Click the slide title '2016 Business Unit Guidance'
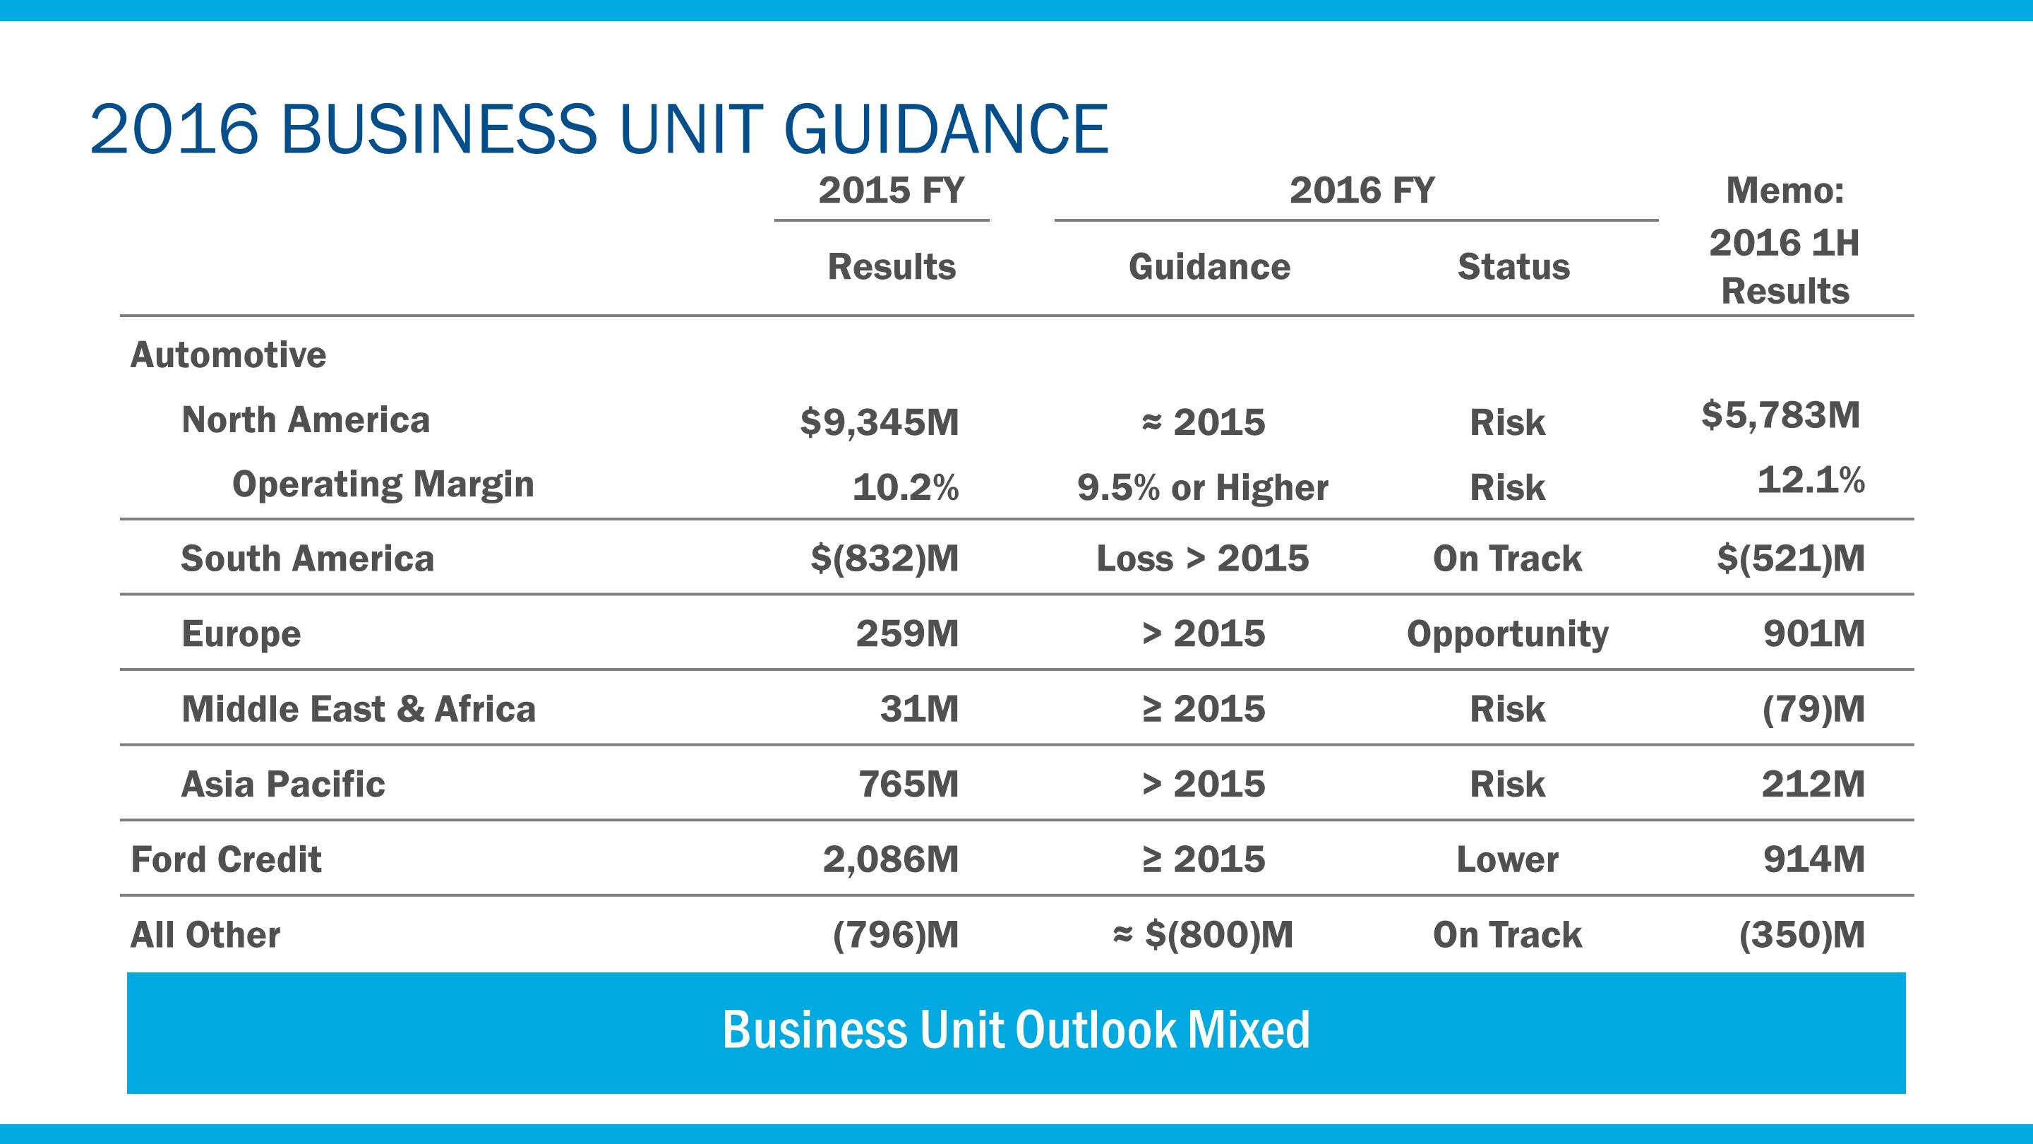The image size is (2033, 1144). tap(598, 129)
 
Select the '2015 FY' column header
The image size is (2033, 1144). tap(890, 190)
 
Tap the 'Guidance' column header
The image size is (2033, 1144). tap(1209, 267)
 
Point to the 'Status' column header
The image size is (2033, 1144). tap(1513, 267)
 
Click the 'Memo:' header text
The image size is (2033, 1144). tap(1785, 190)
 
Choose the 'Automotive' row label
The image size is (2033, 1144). tap(228, 354)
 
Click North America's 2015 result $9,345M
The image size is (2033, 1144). tap(879, 422)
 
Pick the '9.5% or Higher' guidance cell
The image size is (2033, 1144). tap(1202, 488)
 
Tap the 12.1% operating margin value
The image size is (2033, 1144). tap(1811, 480)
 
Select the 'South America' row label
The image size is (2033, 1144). tap(307, 558)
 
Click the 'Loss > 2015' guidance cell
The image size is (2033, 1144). tap(1202, 558)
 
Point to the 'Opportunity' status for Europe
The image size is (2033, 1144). tap(1506, 634)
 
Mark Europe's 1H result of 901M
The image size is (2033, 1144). tap(1813, 633)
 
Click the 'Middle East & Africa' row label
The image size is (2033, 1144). tap(359, 709)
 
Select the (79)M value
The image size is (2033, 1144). tap(1813, 709)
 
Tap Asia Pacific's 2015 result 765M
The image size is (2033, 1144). tap(908, 784)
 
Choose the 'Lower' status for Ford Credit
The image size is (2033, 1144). tap(1506, 859)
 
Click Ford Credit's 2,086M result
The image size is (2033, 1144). tap(890, 859)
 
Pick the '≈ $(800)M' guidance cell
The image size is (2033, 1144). tap(1202, 935)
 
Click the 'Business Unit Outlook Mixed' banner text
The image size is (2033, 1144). tap(1016, 1030)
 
